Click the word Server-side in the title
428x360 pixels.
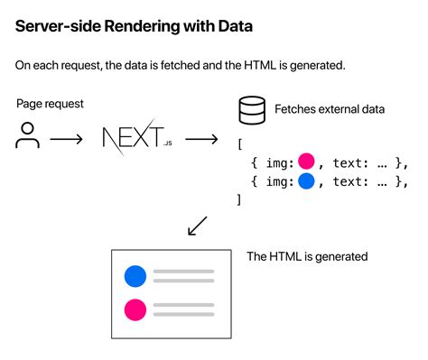pyautogui.click(x=55, y=27)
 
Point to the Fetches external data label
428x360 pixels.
pyautogui.click(x=330, y=111)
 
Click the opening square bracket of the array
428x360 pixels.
pyautogui.click(x=240, y=143)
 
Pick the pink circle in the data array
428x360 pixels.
pyautogui.click(x=305, y=162)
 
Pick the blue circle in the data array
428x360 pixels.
pyautogui.click(x=305, y=181)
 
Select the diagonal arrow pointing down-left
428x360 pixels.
pyautogui.click(x=198, y=226)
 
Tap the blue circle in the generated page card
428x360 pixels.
pyautogui.click(x=135, y=275)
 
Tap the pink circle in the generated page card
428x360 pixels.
pyautogui.click(x=135, y=309)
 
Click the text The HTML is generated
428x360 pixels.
pyautogui.click(x=307, y=256)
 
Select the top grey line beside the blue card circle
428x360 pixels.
pyautogui.click(x=181, y=270)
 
